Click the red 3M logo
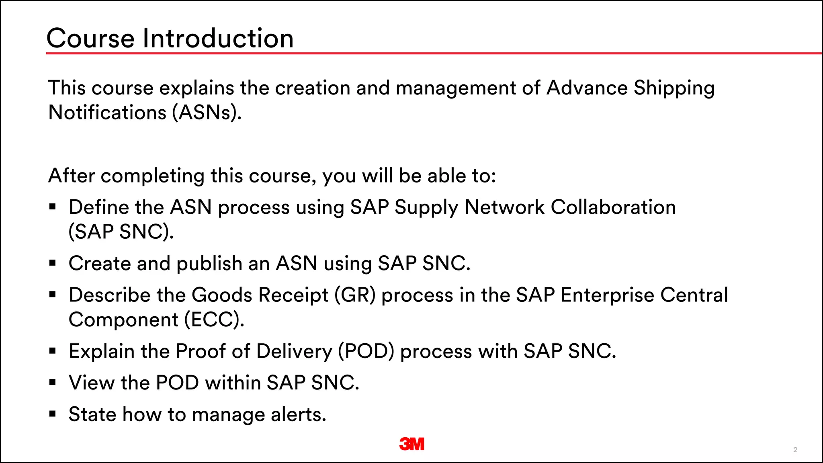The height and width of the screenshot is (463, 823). click(x=411, y=444)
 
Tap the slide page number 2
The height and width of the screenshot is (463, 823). click(x=795, y=450)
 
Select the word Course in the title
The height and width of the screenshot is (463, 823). click(x=90, y=39)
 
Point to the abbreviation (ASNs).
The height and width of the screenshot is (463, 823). click(x=207, y=112)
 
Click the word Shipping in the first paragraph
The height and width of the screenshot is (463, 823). click(x=674, y=88)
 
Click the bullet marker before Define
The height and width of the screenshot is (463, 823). click(x=53, y=207)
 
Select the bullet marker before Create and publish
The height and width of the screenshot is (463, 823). click(x=53, y=264)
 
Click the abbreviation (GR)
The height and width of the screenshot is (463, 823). click(x=355, y=295)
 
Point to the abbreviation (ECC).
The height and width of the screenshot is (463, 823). click(x=214, y=320)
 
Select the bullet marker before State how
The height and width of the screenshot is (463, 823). click(x=53, y=414)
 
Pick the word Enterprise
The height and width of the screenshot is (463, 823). click(x=607, y=295)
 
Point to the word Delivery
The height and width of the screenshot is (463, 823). click(x=294, y=351)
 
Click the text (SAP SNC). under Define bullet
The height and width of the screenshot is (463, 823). click(x=121, y=232)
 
